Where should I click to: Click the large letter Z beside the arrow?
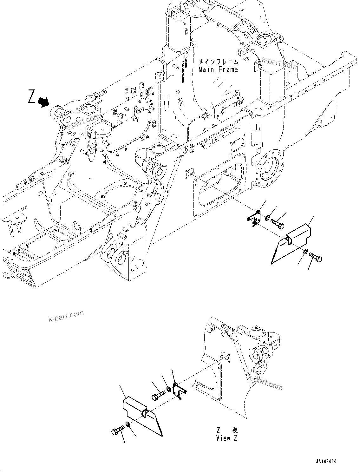tap(31, 97)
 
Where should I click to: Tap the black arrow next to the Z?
tap(43, 102)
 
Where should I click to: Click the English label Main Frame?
tap(218, 69)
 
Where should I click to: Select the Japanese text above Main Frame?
tap(219, 62)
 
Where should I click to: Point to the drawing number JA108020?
tap(325, 462)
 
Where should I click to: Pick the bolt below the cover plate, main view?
tap(316, 256)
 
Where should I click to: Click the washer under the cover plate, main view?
tap(305, 252)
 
